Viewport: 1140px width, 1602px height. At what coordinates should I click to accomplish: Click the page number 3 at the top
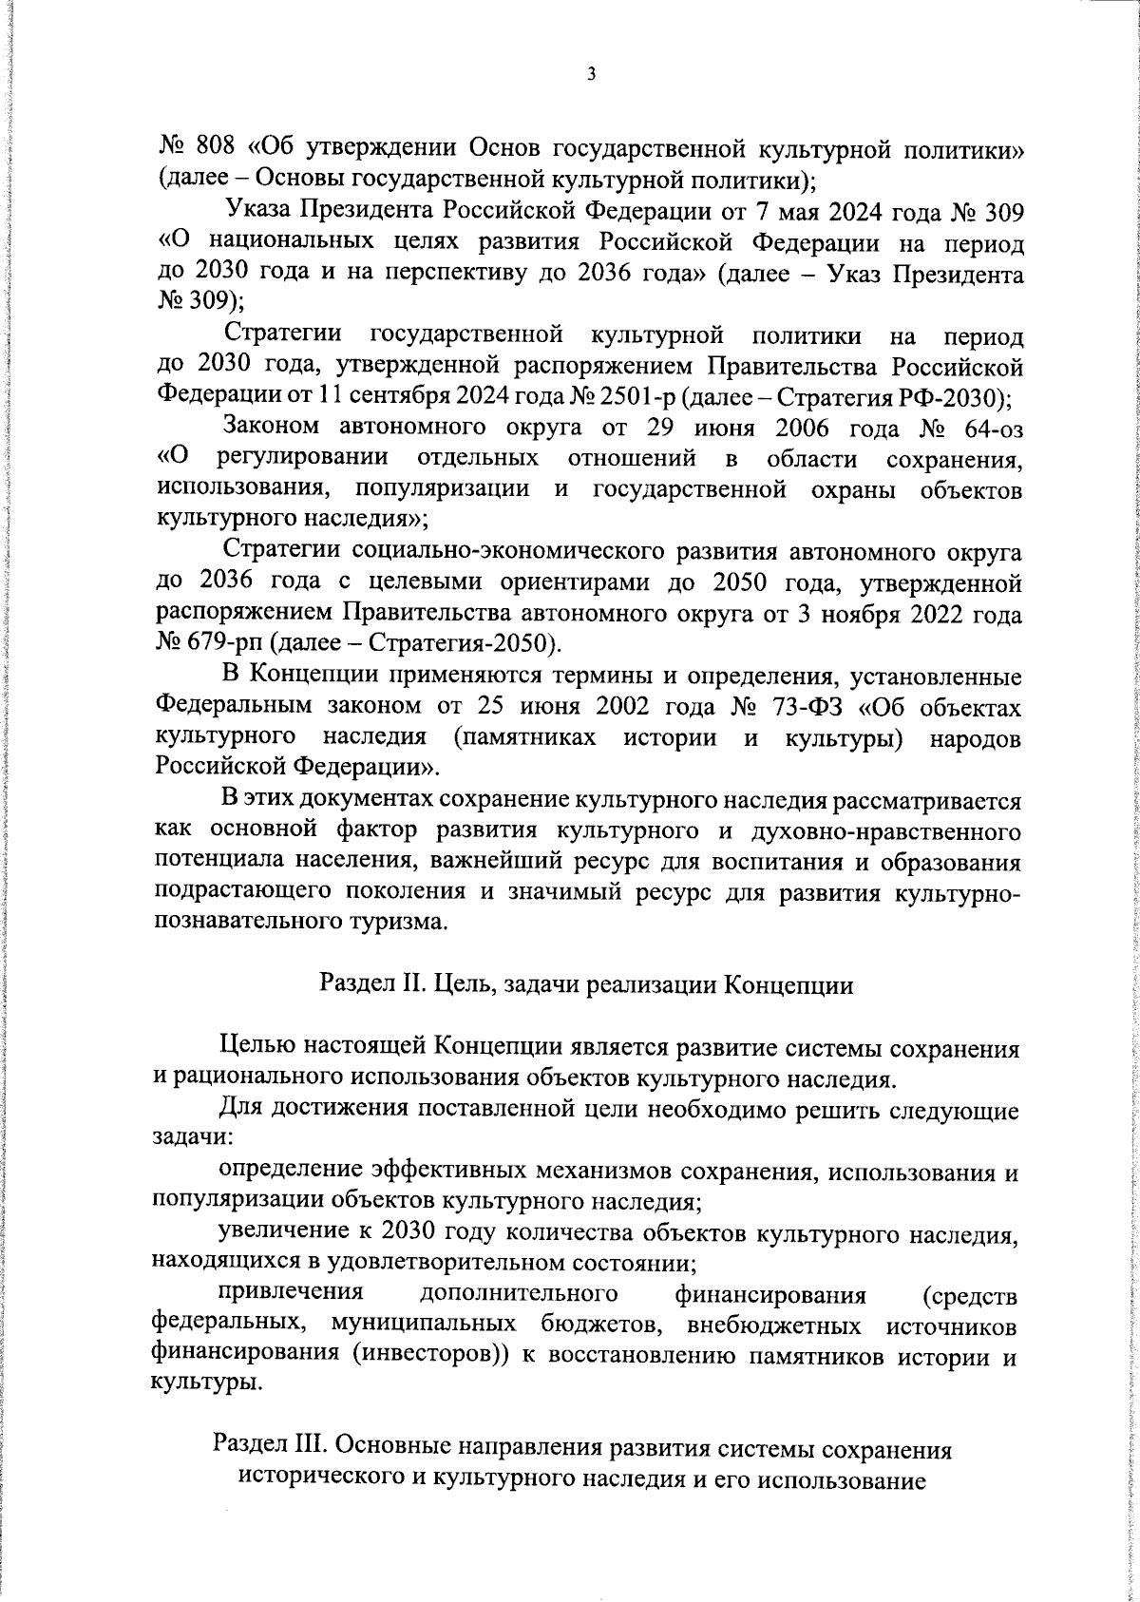tap(591, 74)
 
